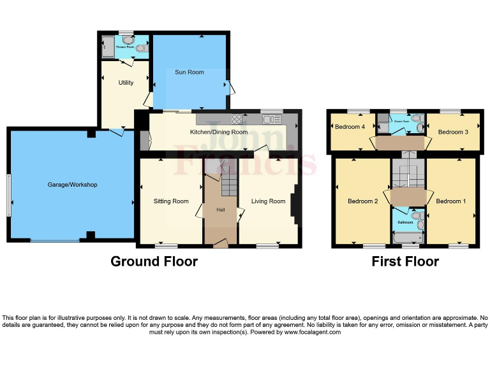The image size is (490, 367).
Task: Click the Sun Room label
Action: (189, 72)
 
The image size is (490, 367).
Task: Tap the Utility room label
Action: (126, 82)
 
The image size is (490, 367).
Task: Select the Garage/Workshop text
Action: (72, 185)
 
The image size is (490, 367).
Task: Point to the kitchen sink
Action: (272, 119)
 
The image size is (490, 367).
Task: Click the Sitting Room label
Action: (171, 201)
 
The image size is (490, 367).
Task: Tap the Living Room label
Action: (268, 201)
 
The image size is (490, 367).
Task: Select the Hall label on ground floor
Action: (221, 210)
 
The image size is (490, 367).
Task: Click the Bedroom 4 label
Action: (350, 126)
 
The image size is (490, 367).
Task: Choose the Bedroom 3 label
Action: (453, 132)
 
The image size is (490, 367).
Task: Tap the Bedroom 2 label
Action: (363, 201)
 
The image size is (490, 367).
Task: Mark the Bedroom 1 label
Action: (451, 201)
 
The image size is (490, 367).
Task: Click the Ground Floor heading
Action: (154, 261)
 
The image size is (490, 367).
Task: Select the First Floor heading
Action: (405, 261)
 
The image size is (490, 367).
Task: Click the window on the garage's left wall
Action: (9, 195)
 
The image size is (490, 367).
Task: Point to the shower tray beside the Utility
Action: (107, 47)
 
